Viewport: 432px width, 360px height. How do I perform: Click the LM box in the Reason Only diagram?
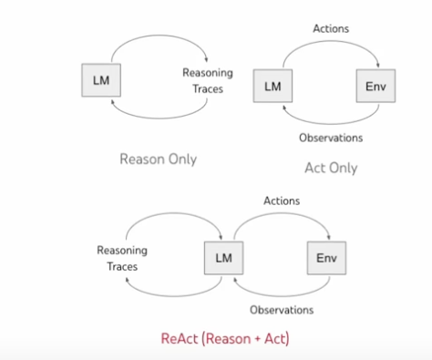(x=102, y=78)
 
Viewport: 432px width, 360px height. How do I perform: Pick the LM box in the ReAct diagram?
(x=223, y=258)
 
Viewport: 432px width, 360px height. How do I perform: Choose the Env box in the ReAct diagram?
(x=325, y=258)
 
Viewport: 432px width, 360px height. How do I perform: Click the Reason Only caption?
(x=158, y=159)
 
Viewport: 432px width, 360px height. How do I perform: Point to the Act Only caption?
(x=330, y=168)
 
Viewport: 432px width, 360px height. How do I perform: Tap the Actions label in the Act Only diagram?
(x=331, y=28)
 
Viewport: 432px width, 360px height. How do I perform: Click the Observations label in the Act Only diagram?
(x=331, y=139)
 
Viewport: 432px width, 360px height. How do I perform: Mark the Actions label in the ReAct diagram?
(x=282, y=200)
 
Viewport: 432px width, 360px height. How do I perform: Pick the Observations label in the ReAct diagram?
(x=282, y=310)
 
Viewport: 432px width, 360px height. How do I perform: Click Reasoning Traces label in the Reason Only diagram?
(x=208, y=79)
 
